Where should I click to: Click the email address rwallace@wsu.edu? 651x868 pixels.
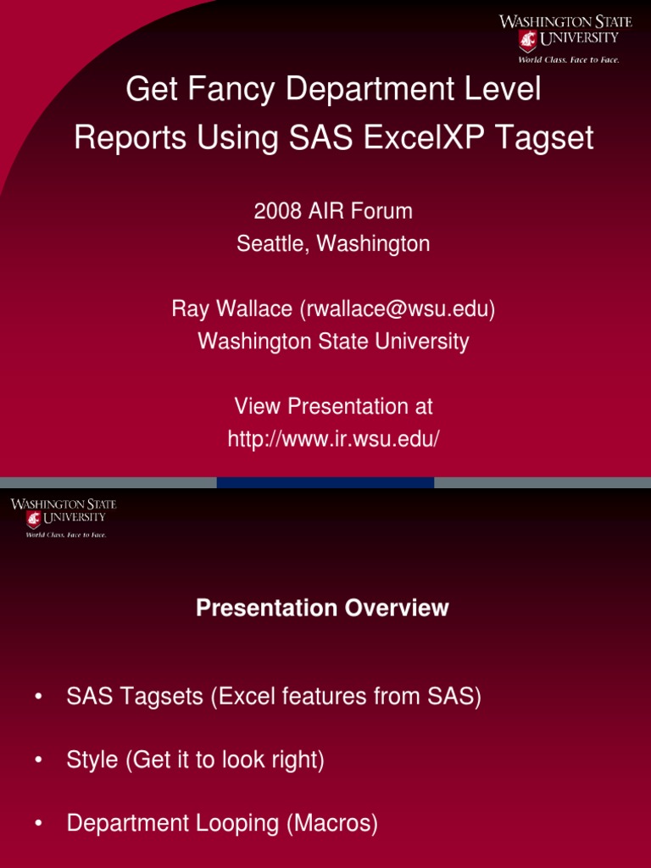pos(397,309)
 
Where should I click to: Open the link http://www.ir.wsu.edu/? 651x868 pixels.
pos(333,439)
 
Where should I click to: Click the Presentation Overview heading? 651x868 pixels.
pos(322,608)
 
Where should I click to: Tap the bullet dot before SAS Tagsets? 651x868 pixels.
pos(38,698)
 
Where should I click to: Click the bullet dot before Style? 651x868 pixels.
pos(38,760)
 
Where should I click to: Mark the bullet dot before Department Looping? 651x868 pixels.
pos(38,824)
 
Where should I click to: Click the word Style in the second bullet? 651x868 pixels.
pos(92,760)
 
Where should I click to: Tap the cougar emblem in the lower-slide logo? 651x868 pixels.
pos(34,518)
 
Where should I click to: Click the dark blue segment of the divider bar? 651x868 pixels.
pos(325,482)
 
